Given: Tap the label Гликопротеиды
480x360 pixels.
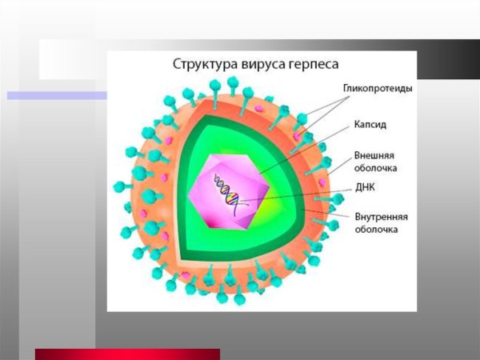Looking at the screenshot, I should (x=378, y=89).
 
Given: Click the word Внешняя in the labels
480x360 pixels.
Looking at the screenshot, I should (x=374, y=155).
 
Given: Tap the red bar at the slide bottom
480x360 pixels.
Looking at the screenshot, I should (x=127, y=354).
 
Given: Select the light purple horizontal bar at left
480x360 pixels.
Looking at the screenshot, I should (x=56, y=95).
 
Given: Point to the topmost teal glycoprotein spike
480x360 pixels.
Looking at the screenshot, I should (x=232, y=83).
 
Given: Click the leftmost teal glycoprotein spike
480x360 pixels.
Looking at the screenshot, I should (x=120, y=187).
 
